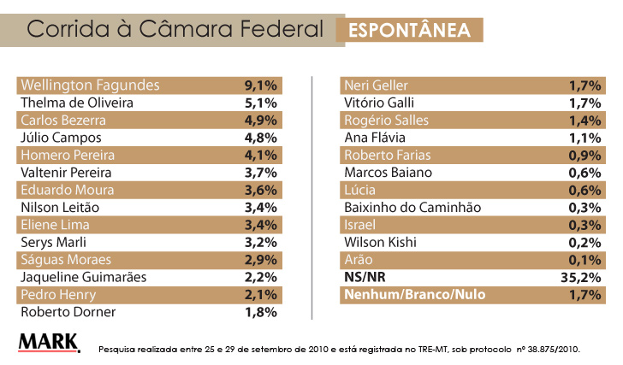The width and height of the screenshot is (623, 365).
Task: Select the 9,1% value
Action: point(260,85)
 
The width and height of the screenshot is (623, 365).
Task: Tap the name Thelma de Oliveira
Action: point(76,103)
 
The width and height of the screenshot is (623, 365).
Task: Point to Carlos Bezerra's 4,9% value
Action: point(260,121)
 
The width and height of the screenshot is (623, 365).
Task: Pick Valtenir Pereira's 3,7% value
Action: point(260,173)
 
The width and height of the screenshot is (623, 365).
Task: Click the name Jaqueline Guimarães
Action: point(83,277)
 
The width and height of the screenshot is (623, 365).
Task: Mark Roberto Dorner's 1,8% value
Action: point(260,312)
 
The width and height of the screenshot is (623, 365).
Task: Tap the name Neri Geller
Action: point(376,85)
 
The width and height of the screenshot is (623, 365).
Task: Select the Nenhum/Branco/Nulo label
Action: point(414,295)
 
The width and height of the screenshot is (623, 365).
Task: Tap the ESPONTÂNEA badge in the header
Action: point(408,30)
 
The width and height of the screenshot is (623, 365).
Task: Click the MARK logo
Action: point(49,342)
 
